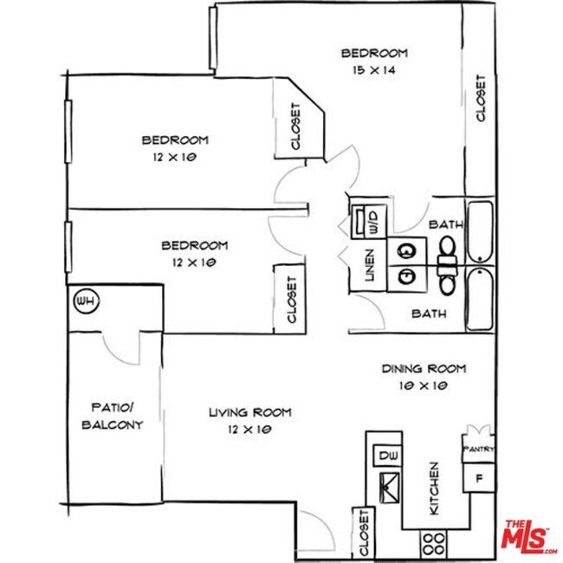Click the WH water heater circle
(x=84, y=302)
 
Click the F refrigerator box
(x=477, y=479)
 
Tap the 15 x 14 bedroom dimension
(x=374, y=70)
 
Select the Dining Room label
(x=424, y=369)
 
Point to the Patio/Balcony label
(x=112, y=416)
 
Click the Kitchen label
(x=433, y=489)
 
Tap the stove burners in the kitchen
(x=433, y=544)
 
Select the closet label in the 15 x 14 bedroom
(x=480, y=99)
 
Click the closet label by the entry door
(x=364, y=532)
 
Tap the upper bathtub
(x=478, y=231)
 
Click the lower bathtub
(x=478, y=299)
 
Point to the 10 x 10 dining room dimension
(x=424, y=386)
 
